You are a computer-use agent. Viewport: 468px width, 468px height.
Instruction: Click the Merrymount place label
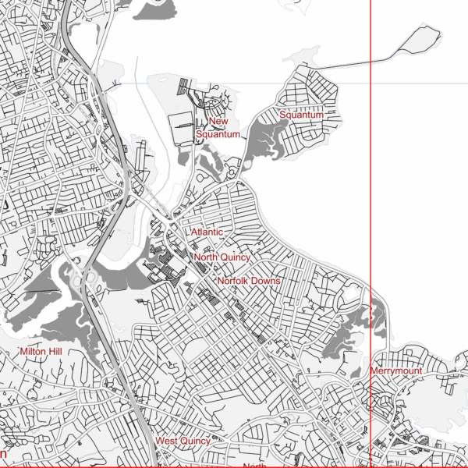[396, 371]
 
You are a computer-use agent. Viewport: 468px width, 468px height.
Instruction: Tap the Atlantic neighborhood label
[207, 232]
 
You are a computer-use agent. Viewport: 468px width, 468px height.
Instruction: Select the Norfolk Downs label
[248, 281]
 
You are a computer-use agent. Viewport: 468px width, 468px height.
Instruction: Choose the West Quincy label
[183, 441]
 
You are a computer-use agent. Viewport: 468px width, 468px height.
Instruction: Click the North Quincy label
[222, 257]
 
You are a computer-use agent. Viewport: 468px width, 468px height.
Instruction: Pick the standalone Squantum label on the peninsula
[301, 115]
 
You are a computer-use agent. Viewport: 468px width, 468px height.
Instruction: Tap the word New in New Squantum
[218, 122]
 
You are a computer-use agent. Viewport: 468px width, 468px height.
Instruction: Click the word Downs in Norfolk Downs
[266, 281]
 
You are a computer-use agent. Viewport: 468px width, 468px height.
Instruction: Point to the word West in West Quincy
[166, 441]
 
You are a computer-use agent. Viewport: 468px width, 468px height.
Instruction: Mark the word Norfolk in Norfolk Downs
[233, 281]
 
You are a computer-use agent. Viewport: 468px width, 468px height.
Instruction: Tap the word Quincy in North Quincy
[236, 257]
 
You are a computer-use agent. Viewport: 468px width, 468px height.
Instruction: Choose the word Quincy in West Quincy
[195, 441]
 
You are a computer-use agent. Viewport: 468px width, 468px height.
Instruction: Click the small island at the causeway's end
[419, 41]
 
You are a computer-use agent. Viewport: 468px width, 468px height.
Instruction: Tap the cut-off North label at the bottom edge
[254, 465]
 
